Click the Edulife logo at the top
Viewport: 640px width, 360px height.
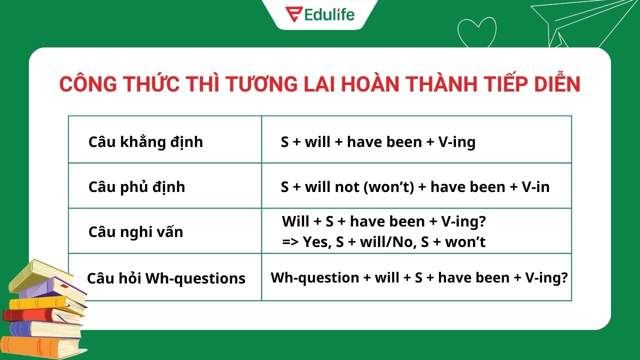[x=319, y=13]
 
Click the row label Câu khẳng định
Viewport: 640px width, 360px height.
[x=145, y=142]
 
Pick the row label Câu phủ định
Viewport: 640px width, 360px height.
[x=136, y=187]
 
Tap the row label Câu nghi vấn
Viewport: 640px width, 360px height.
[x=135, y=232]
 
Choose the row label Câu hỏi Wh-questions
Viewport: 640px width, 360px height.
[x=166, y=278]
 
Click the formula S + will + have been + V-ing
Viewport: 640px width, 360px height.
[x=378, y=142]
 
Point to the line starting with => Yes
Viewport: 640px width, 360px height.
[x=383, y=242]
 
